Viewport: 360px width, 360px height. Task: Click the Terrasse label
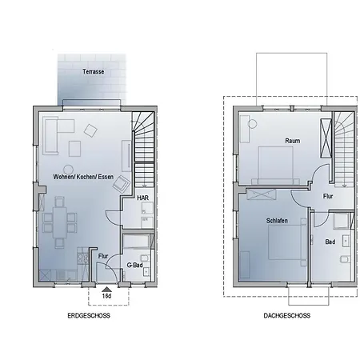coord(93,71)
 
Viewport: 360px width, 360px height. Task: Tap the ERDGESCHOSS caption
coord(89,315)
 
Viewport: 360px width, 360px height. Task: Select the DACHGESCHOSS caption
coord(287,315)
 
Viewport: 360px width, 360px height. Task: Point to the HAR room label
coord(142,198)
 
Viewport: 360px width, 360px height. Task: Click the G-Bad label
coord(134,265)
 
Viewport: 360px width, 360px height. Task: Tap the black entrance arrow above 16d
coord(106,289)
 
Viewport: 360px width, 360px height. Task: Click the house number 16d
coord(106,296)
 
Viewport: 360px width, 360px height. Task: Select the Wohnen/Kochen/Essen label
coord(83,177)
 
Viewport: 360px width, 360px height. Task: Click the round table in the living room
coord(68,170)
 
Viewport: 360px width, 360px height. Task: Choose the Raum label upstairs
coord(293,141)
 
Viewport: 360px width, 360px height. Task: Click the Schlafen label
coord(277,221)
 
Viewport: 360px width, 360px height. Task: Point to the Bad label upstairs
coord(330,242)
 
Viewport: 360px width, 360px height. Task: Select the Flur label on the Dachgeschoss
coord(328,196)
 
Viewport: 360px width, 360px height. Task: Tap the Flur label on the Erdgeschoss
coord(103,256)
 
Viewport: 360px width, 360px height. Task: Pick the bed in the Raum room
coord(275,166)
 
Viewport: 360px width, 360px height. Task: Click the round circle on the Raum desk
coord(252,124)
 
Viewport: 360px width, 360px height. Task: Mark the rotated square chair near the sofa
coord(90,130)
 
